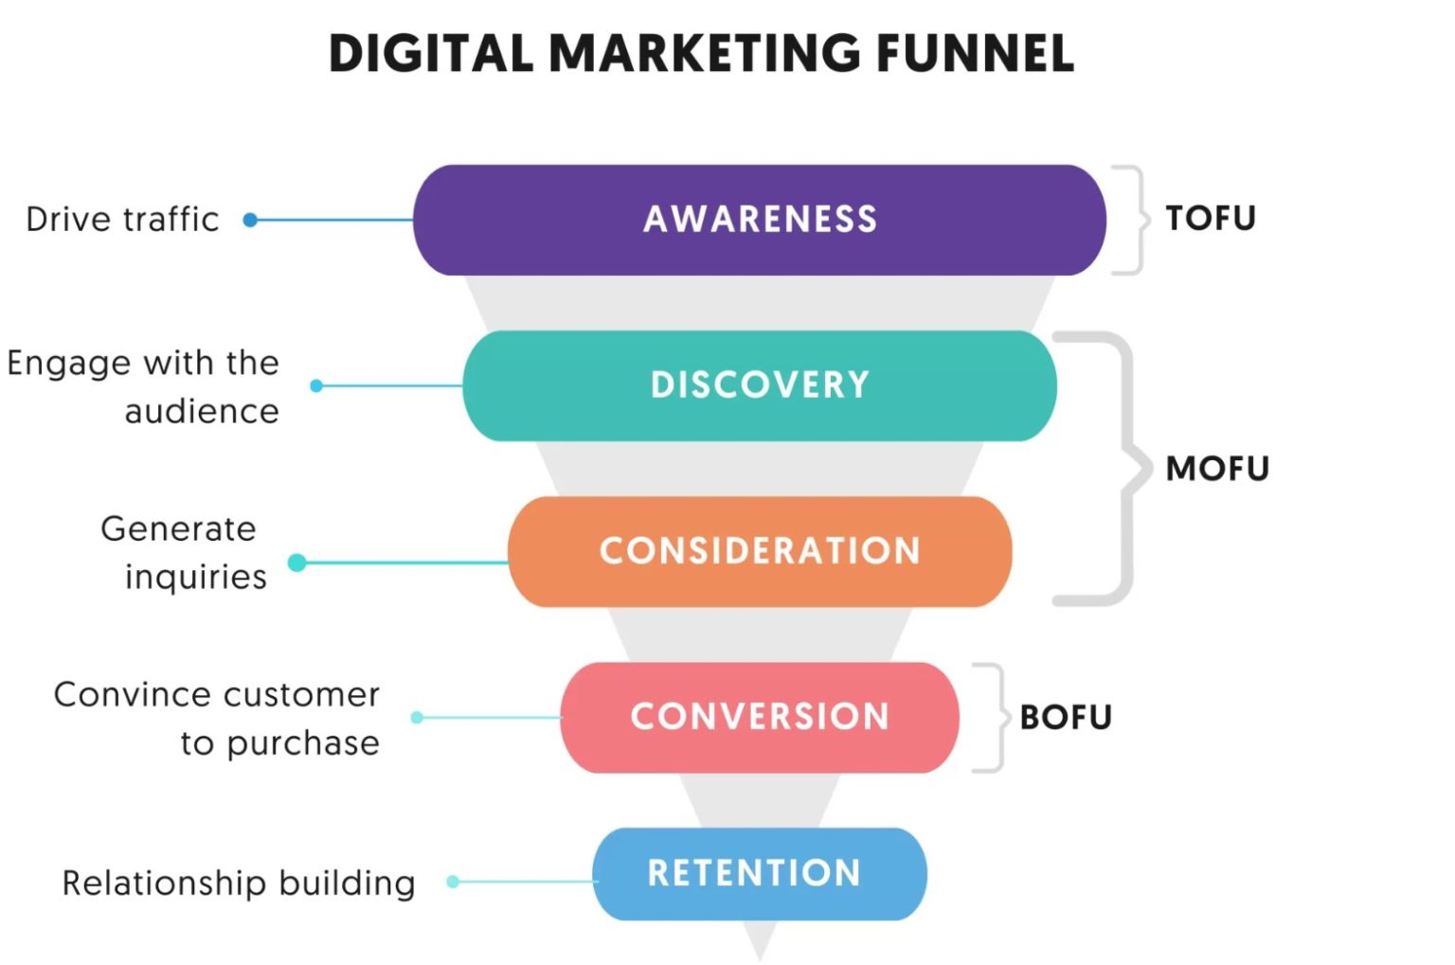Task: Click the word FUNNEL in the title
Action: pos(975,53)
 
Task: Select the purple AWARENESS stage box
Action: pos(759,220)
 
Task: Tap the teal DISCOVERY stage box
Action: pos(759,385)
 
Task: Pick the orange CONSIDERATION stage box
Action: pos(759,551)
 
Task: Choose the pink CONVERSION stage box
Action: pos(759,717)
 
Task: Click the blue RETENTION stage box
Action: pos(759,873)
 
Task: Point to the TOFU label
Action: pos(1210,219)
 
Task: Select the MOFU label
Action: pos(1217,469)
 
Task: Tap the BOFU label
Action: pos(1066,718)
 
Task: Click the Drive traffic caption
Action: pos(122,220)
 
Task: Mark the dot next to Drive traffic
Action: pos(250,220)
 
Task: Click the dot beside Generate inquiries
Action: pos(296,563)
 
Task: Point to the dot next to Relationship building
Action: pos(453,882)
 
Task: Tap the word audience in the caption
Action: pos(202,412)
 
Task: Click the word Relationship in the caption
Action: pos(151,883)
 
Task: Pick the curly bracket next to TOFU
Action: pos(1130,220)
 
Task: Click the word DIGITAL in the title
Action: pos(430,53)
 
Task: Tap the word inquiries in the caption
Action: pos(196,577)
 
